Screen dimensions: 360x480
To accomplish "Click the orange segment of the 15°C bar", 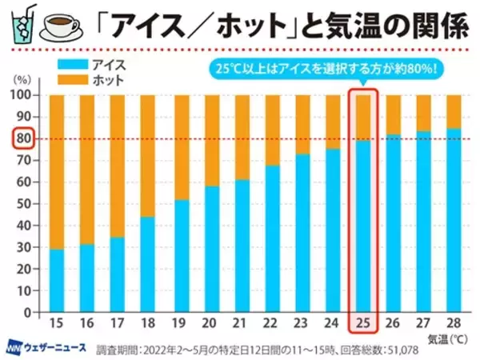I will click(57, 172).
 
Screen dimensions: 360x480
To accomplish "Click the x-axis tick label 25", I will click(362, 324).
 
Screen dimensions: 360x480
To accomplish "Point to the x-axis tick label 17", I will click(117, 324).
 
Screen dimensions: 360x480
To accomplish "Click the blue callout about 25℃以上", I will click(324, 68).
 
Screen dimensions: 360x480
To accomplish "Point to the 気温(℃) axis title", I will click(448, 339).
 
